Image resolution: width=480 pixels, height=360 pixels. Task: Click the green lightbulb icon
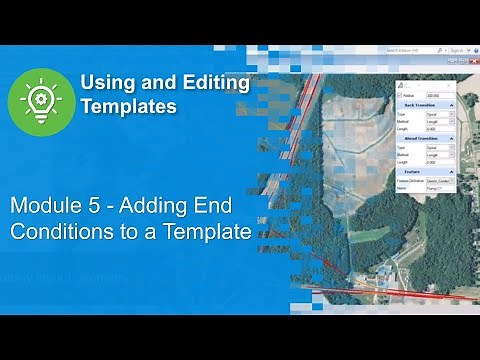(41, 101)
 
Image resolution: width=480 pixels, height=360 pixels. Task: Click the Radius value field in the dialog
(436, 95)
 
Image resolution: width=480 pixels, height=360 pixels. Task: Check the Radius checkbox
(400, 95)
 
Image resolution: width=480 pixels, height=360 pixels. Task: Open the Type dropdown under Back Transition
(438, 114)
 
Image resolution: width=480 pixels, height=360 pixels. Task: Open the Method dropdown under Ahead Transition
(438, 154)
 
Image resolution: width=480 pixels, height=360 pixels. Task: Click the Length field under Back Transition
(438, 129)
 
